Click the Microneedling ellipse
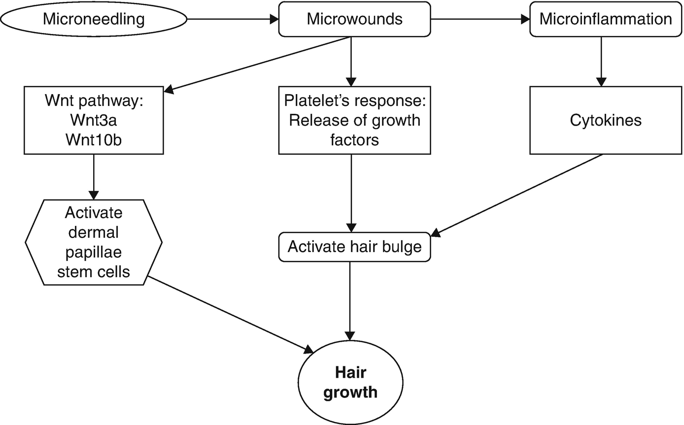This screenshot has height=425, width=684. click(x=94, y=20)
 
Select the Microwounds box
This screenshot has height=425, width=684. click(x=354, y=20)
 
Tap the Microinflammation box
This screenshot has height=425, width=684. click(x=605, y=20)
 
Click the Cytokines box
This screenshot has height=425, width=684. click(x=605, y=121)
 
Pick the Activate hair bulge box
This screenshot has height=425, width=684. click(x=354, y=246)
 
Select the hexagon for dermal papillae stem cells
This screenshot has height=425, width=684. click(x=94, y=242)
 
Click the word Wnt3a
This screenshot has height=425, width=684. click(x=94, y=121)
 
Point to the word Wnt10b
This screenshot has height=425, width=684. click(x=94, y=139)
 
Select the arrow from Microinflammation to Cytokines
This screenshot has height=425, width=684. click(x=601, y=62)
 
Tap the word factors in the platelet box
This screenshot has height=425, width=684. click(x=354, y=139)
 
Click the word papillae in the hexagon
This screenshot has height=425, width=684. click(x=94, y=252)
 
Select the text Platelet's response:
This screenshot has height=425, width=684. click(x=354, y=101)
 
